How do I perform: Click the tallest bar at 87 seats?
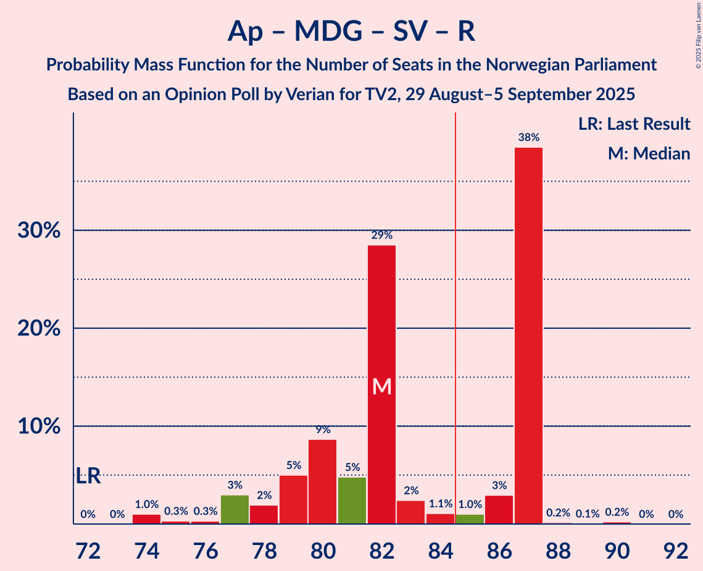(x=528, y=336)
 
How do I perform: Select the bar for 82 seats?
(x=381, y=384)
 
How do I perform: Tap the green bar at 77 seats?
(x=235, y=509)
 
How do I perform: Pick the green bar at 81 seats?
(x=352, y=501)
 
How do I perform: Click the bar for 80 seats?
(x=323, y=481)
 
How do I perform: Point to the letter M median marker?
(x=382, y=387)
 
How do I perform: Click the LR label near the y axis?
(x=88, y=476)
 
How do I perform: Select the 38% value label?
(x=529, y=137)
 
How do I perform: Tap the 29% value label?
(x=382, y=235)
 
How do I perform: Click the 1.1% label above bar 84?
(x=440, y=504)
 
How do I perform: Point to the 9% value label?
(x=323, y=429)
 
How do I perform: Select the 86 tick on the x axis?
(x=499, y=549)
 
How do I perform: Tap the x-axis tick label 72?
(x=88, y=549)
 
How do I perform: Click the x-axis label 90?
(x=617, y=549)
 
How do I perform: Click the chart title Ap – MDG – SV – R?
(x=351, y=31)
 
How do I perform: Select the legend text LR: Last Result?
(x=634, y=124)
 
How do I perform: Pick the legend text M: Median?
(x=649, y=153)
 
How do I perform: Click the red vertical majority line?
(x=455, y=309)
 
